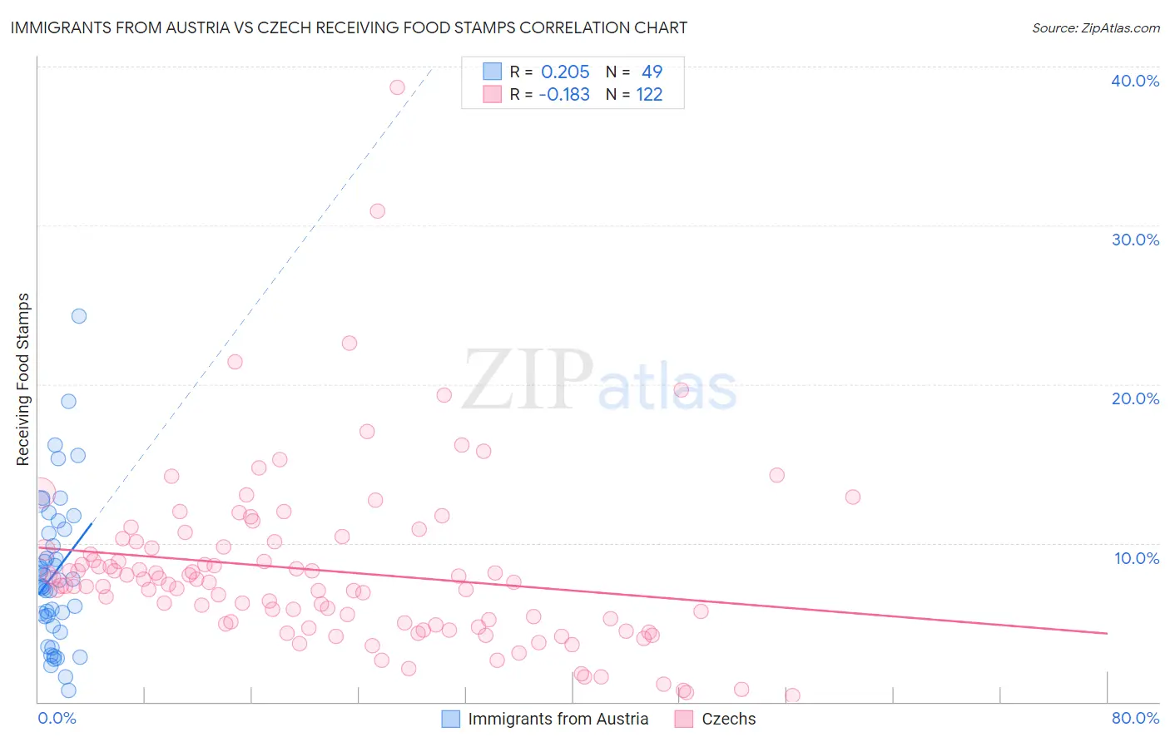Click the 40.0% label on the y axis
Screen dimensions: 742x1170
pos(1135,81)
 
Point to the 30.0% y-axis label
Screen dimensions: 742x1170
pos(1135,240)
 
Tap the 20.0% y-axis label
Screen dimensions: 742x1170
pos(1135,398)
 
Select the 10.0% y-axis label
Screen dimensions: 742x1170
pos(1137,558)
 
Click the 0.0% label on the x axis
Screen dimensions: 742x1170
pos(57,718)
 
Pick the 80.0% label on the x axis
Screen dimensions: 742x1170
pos(1135,718)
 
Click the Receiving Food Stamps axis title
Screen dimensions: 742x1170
pos(23,379)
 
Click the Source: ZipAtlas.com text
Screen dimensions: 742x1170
pos(1095,27)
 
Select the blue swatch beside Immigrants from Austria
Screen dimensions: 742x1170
pos(450,719)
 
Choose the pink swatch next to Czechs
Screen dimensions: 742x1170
pos(684,719)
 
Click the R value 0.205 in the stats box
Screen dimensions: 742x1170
pos(565,72)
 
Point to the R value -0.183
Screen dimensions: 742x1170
pos(564,95)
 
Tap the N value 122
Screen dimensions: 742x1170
pos(649,95)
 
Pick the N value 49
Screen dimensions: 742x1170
pos(652,72)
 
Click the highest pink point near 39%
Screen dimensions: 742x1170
pos(397,87)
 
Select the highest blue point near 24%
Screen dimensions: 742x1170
pos(79,316)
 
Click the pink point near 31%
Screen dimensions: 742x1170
pos(377,211)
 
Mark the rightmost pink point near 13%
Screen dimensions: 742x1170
pos(852,497)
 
